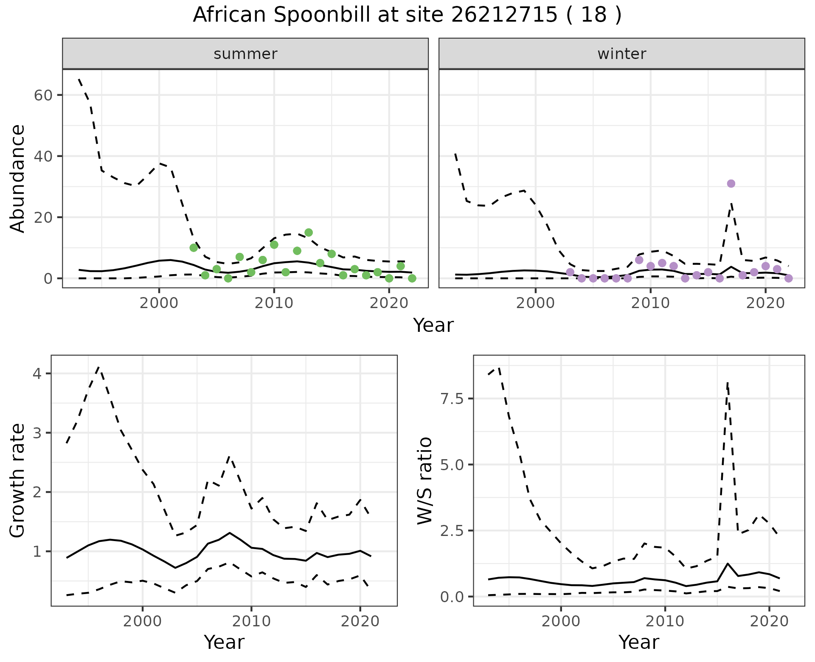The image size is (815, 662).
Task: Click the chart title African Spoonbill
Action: pyautogui.click(x=407, y=15)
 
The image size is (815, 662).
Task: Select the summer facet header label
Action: pyautogui.click(x=245, y=54)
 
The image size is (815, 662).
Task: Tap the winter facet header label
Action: pyautogui.click(x=621, y=54)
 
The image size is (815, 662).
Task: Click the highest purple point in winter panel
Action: pyautogui.click(x=731, y=184)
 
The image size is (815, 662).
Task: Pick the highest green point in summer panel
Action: pyautogui.click(x=309, y=233)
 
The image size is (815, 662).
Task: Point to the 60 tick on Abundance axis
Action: pyautogui.click(x=42, y=95)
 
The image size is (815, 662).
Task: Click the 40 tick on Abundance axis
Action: pyautogui.click(x=42, y=156)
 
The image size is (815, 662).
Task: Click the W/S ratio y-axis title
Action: pyautogui.click(x=424, y=481)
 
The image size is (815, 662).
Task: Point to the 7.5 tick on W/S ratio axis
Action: pyautogui.click(x=452, y=399)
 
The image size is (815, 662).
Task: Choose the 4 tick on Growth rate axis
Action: pyautogui.click(x=37, y=374)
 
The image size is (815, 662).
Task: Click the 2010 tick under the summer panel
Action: pyautogui.click(x=274, y=303)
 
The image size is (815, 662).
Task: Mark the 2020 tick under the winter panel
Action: pyautogui.click(x=765, y=303)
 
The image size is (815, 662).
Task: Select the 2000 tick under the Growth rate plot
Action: pyautogui.click(x=143, y=621)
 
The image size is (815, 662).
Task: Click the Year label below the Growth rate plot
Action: pyautogui.click(x=224, y=642)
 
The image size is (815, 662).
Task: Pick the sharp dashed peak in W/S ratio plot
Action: pyautogui.click(x=728, y=383)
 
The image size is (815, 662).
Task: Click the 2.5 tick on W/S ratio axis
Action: pyautogui.click(x=452, y=531)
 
